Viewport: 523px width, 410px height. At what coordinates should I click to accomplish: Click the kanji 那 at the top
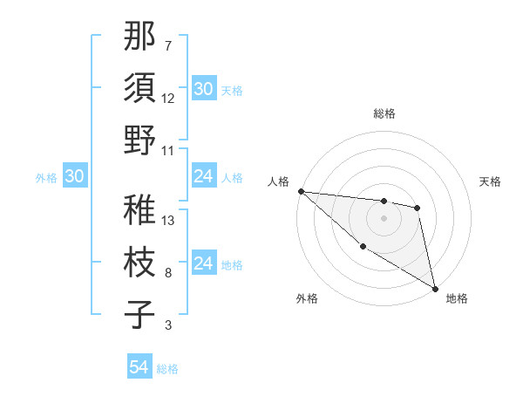coord(140,38)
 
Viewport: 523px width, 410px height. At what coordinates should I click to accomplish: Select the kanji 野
coord(140,141)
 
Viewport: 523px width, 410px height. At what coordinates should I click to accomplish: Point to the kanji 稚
coord(140,209)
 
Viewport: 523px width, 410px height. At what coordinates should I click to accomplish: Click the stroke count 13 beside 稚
coord(168,220)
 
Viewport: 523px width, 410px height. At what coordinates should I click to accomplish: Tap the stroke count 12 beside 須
coord(168,99)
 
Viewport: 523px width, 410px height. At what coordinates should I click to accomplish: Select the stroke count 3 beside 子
coord(167,325)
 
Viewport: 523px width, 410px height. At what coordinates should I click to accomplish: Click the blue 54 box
coord(139,368)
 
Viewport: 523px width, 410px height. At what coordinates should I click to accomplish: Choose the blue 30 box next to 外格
coord(74,177)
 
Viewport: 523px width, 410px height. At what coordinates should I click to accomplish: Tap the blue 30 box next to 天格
coord(203,89)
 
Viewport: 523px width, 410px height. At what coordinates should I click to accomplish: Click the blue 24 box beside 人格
coord(203,177)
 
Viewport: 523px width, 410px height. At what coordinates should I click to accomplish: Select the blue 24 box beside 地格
coord(203,264)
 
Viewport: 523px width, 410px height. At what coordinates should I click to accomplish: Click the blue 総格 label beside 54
coord(167,369)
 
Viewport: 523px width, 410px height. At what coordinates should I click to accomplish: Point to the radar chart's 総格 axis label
coord(384,113)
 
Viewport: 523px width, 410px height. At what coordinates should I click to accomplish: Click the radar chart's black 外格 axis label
coord(307,298)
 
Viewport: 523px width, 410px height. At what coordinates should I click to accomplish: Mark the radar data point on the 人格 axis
coord(301,191)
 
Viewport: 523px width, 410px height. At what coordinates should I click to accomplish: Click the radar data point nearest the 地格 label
coord(435,288)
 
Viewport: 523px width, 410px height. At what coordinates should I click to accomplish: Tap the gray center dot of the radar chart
coord(384,218)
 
